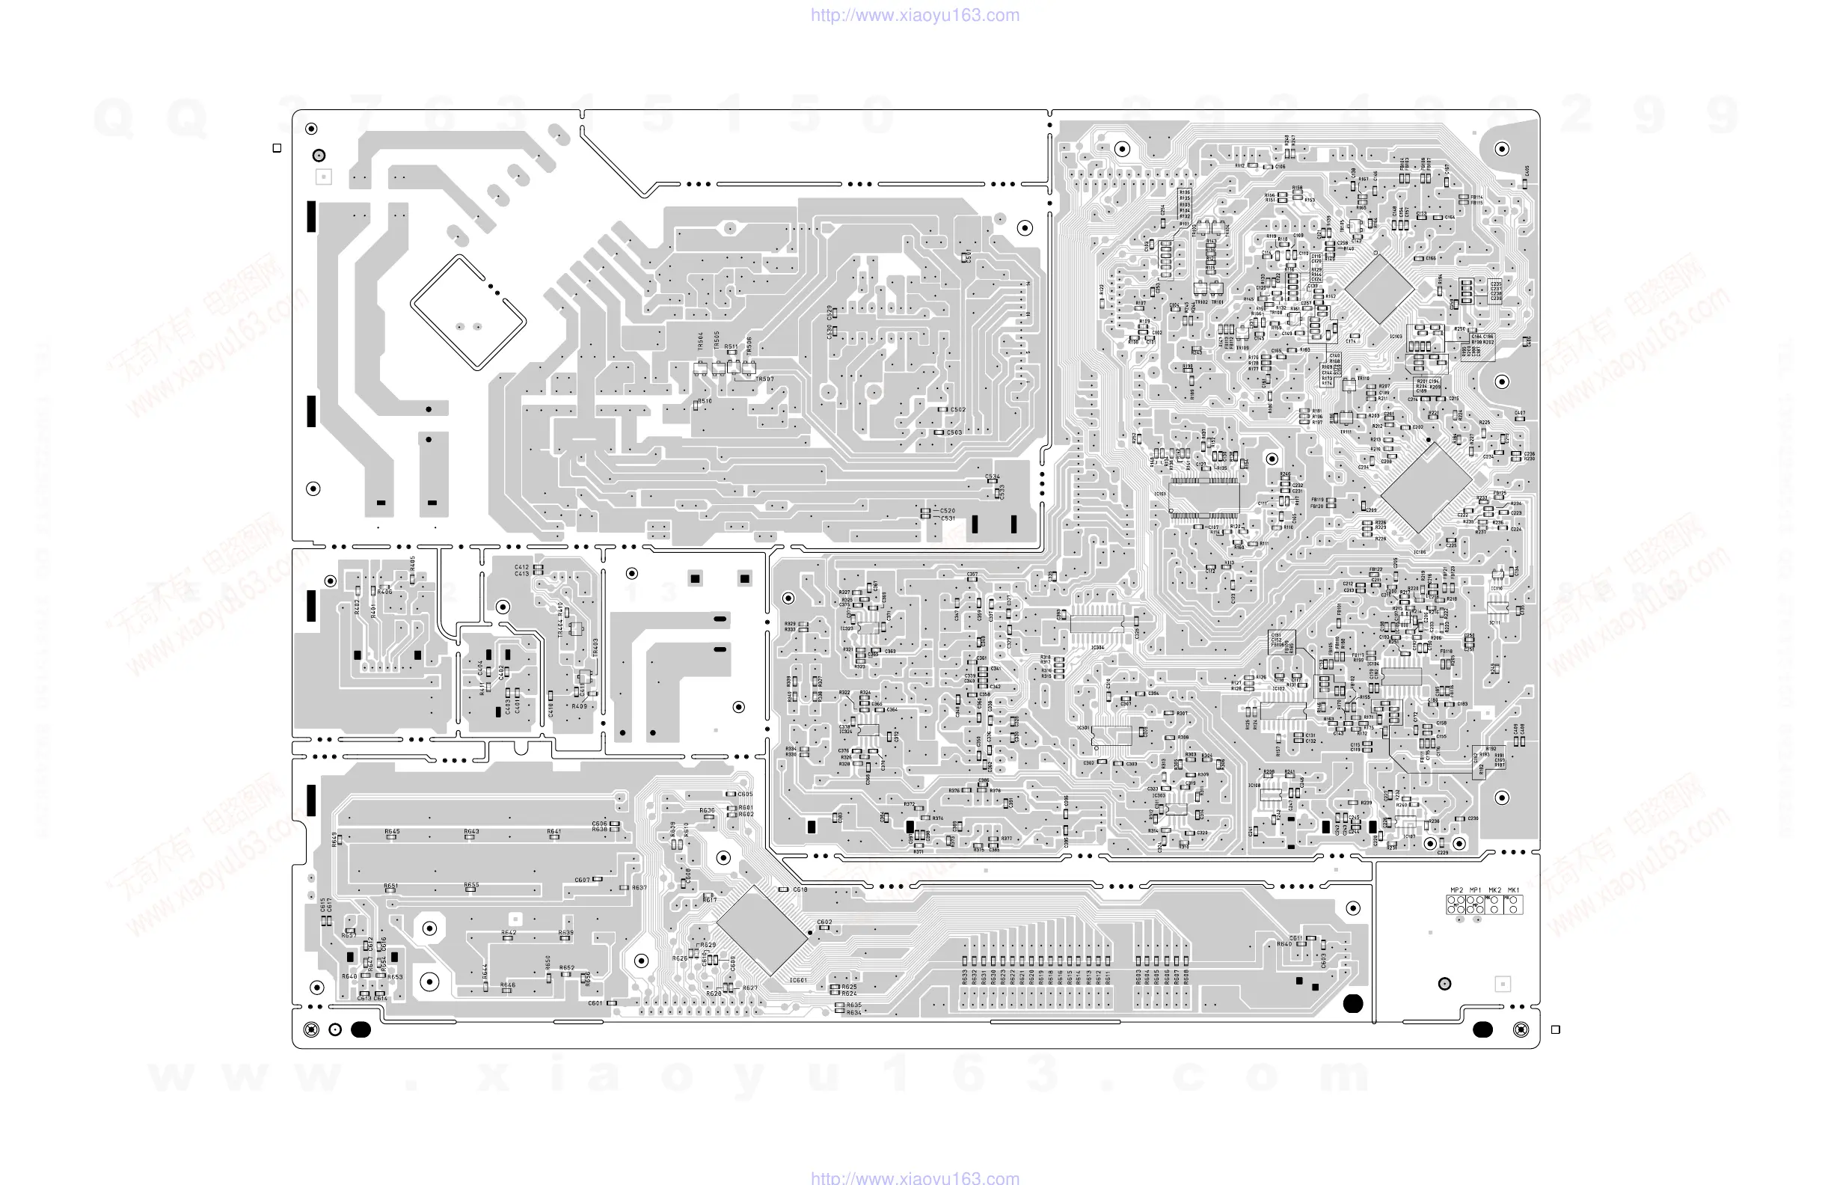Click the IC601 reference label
tap(799, 980)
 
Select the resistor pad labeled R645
tap(392, 837)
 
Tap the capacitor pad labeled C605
tap(730, 794)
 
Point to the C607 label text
tap(583, 880)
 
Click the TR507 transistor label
tap(764, 379)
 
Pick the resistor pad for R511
tap(732, 353)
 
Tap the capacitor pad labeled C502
tap(942, 409)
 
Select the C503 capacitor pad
tap(939, 432)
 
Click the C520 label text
tap(947, 511)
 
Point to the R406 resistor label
tap(384, 592)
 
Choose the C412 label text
tap(521, 567)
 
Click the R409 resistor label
tap(580, 706)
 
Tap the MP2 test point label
tap(1456, 890)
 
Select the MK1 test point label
tap(1513, 890)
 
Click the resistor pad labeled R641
tap(554, 837)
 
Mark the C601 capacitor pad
tap(612, 1003)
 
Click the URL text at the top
tap(915, 16)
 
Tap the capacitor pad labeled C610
tap(783, 889)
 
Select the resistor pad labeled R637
tap(624, 888)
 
